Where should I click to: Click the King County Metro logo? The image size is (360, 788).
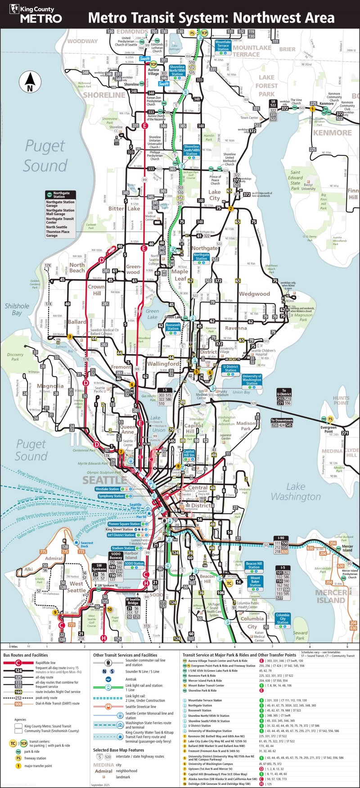35,14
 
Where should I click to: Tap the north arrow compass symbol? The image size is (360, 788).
30,82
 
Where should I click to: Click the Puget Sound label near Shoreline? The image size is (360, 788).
45,156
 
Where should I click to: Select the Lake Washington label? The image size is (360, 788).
296,491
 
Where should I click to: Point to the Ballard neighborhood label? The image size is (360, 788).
77,322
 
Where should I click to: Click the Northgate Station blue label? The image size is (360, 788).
201,257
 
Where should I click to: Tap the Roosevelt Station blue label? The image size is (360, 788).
173,326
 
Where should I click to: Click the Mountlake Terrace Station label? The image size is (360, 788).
223,45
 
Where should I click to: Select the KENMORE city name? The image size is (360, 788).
332,133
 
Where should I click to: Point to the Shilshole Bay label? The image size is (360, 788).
17,309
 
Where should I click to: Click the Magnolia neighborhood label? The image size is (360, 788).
50,386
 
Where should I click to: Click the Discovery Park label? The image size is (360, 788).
15,357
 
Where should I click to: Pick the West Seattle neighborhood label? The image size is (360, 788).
76,587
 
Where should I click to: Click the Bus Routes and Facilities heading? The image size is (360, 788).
25,655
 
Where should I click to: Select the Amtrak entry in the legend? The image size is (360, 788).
130,679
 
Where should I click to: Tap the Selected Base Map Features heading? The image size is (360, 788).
118,750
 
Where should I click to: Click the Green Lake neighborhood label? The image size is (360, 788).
152,314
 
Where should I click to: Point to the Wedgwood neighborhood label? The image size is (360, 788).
254,294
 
